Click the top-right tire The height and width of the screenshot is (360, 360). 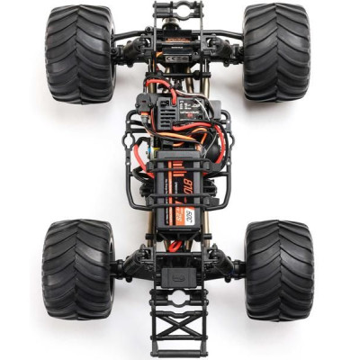tap(276, 52)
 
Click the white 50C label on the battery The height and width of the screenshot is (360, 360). tap(188, 216)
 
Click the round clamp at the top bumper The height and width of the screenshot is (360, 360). tap(177, 11)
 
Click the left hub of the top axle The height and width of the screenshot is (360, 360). tap(123, 50)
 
